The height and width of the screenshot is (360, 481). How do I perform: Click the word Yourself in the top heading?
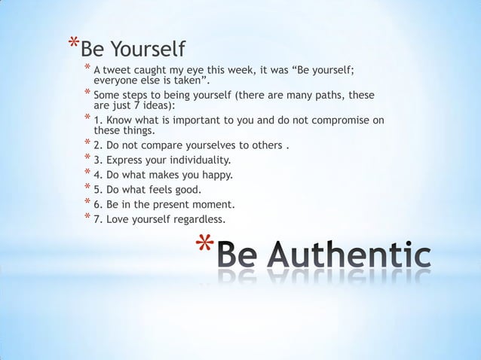pos(148,50)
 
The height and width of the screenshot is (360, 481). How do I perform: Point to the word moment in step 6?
pos(214,204)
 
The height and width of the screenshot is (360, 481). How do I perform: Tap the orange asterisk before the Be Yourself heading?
pos(72,44)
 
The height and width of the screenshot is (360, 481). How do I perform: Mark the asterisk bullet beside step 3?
pos(87,158)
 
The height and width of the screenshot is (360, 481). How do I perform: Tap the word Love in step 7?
pos(117,219)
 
